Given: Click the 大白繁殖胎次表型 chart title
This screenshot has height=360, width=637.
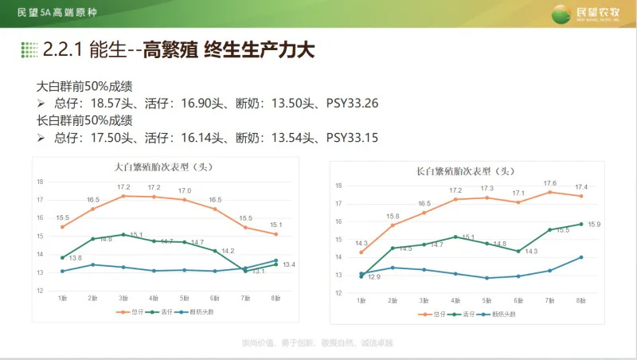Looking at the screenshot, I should click(164, 167).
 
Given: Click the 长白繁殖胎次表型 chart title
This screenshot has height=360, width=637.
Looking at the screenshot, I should click(465, 171).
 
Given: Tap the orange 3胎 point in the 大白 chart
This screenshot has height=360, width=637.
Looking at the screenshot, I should click(123, 196).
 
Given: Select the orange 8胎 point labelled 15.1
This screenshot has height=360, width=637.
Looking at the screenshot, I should click(276, 234).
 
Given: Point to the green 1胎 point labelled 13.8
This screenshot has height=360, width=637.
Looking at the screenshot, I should click(62, 257).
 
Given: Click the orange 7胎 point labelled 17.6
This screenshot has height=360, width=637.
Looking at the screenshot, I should click(550, 192).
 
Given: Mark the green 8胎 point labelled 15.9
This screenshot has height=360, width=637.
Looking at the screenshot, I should click(580, 224).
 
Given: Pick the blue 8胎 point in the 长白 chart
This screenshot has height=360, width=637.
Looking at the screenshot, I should click(580, 257).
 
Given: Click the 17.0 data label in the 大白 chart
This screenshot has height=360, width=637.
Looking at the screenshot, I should click(185, 190).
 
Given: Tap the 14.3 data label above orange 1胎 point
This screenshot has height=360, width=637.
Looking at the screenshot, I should click(361, 243).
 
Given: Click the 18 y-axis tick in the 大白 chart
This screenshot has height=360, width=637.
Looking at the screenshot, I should click(40, 182).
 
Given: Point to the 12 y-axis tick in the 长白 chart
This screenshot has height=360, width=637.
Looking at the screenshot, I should click(338, 293).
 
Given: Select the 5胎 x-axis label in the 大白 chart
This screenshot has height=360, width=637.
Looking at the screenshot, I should click(184, 298).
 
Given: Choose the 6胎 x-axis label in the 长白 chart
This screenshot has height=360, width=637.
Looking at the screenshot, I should click(518, 301).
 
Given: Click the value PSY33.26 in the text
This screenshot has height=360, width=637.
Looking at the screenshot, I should click(351, 104).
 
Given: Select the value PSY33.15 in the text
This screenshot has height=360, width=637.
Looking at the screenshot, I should click(351, 138).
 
